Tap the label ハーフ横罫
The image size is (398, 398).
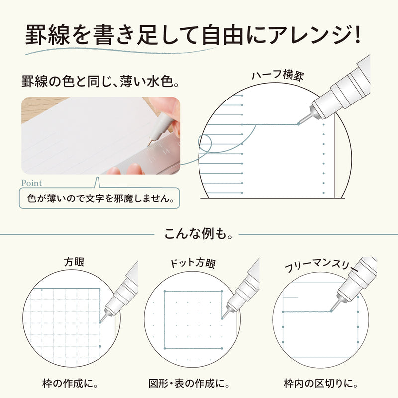tap(277, 76)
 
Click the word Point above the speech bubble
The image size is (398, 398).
tap(32, 183)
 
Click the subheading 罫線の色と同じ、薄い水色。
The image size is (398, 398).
tap(99, 81)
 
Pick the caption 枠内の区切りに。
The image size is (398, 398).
tap(321, 384)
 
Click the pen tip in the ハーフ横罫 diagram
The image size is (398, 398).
tap(298, 123)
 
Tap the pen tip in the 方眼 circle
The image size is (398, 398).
tap(101, 321)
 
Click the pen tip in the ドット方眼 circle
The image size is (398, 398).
tap(222, 319)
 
